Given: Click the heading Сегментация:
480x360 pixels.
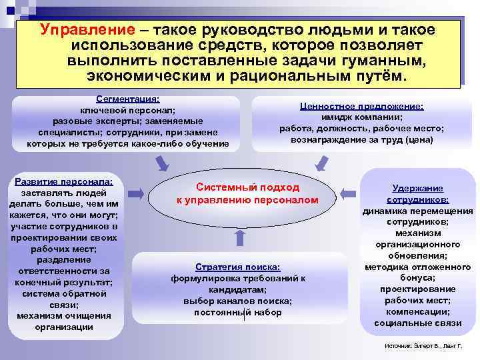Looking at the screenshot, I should pos(127,98).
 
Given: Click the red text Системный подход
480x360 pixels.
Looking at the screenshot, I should pos(247,188).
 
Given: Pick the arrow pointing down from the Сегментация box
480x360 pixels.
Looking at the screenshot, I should pos(162,162).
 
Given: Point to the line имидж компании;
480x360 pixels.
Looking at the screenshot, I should pos(361,117).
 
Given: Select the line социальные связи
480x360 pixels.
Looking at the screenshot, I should pos(417,323).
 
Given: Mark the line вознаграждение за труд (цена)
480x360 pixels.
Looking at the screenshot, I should pos(361,139).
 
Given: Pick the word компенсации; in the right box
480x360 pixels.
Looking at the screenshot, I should pos(417,312).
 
